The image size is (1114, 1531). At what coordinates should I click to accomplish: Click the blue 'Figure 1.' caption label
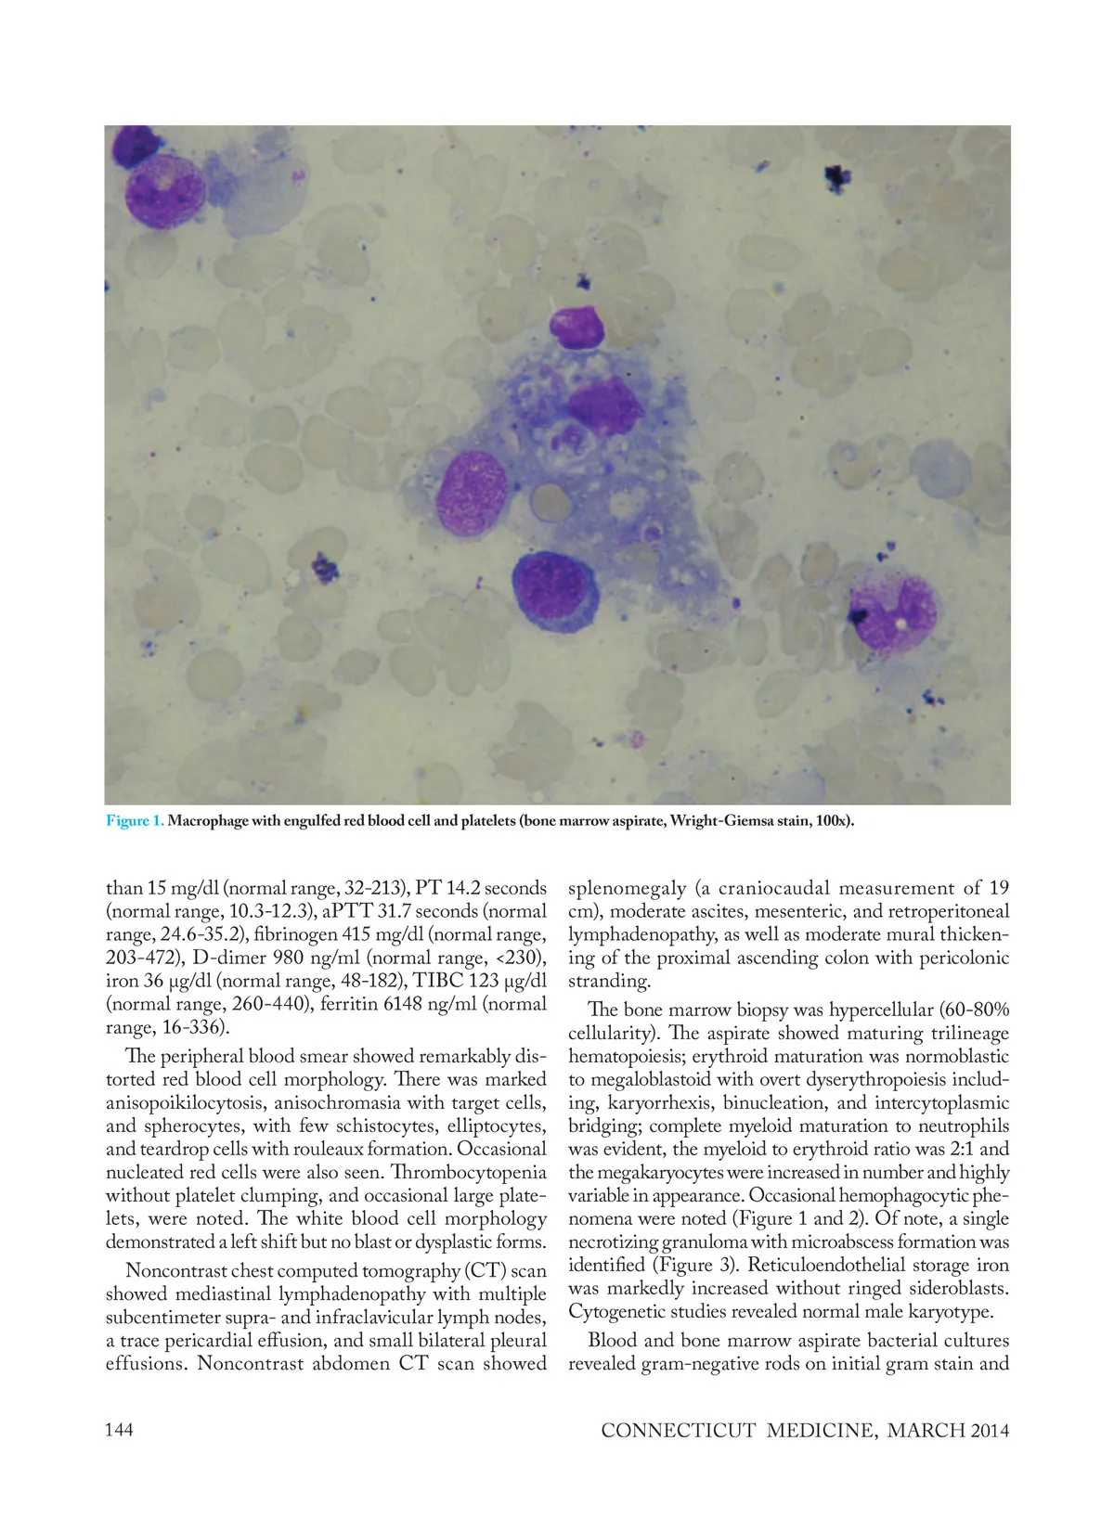(x=135, y=821)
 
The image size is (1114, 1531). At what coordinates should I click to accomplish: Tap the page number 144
(x=120, y=1429)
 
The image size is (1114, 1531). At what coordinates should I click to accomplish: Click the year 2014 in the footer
(x=990, y=1430)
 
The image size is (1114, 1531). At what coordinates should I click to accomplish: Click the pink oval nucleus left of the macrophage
(x=472, y=493)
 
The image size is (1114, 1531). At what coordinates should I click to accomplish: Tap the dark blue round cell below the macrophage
(x=552, y=592)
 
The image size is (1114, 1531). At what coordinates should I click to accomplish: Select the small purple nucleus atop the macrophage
(x=576, y=328)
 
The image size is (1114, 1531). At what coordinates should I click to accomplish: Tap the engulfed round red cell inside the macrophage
(x=551, y=501)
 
